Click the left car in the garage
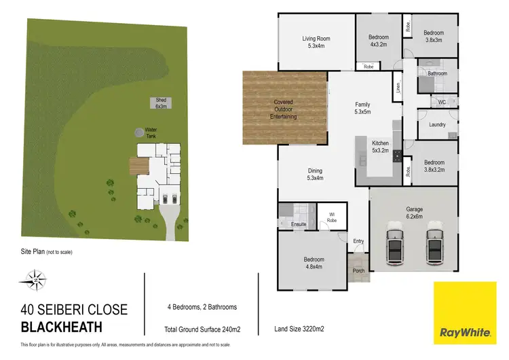point(395,246)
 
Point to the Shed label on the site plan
point(160,103)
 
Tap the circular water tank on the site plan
point(139,131)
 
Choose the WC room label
point(441,103)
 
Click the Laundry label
point(437,124)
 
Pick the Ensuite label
point(299,224)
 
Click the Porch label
point(358,270)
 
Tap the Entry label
point(359,241)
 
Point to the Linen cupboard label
point(398,88)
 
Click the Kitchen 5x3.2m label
point(380,146)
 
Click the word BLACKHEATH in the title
point(62,327)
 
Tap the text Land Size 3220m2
point(299,329)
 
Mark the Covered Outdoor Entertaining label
point(284,109)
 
